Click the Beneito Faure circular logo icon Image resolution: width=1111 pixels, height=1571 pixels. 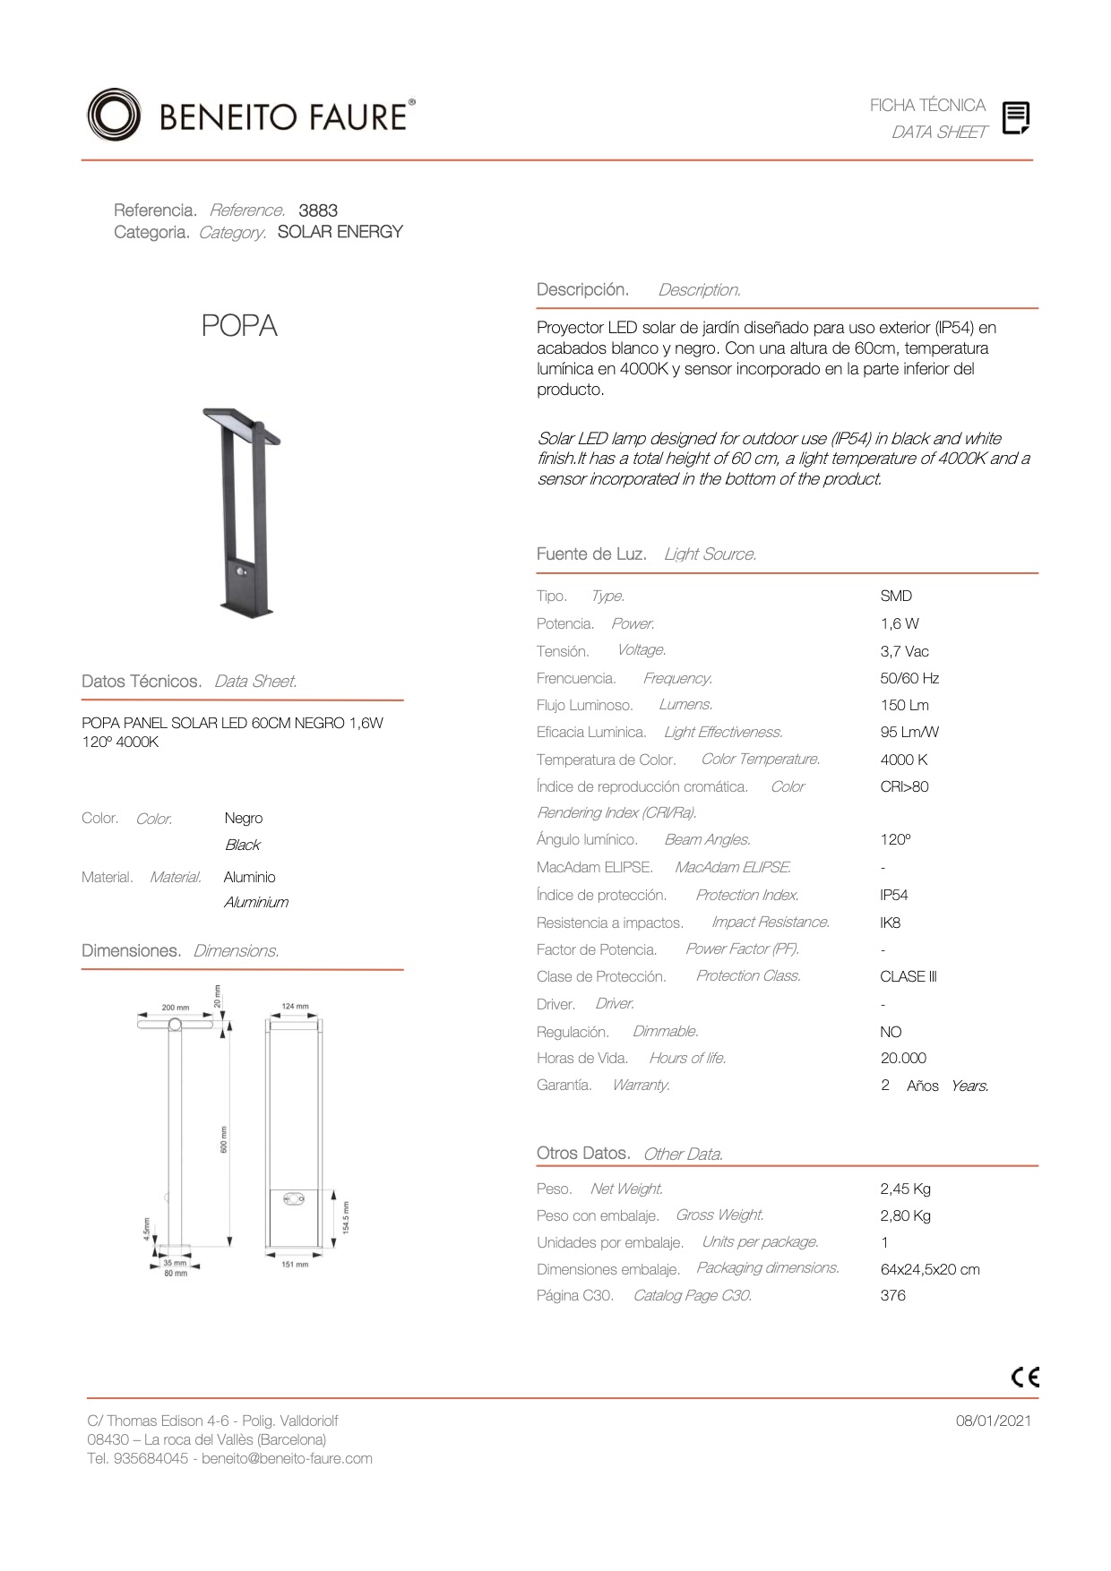(113, 115)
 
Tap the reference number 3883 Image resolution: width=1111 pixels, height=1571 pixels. (318, 210)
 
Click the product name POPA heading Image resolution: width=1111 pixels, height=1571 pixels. (239, 326)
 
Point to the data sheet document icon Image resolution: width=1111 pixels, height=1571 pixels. (1015, 118)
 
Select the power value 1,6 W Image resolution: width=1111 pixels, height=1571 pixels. (900, 623)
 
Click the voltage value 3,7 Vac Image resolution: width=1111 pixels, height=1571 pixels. (904, 651)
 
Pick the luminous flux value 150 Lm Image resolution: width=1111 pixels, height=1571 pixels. (904, 705)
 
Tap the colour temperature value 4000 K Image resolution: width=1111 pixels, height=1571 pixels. (903, 760)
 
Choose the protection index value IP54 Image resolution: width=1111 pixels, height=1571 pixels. (893, 895)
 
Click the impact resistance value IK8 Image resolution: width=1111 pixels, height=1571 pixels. (890, 923)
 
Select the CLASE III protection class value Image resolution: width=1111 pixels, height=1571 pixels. (908, 976)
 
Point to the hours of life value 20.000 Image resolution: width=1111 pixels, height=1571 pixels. (903, 1058)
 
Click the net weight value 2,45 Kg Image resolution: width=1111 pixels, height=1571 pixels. (905, 1189)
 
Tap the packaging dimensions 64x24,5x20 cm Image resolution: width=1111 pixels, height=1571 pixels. (930, 1269)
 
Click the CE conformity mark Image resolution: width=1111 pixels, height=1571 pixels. (1025, 1377)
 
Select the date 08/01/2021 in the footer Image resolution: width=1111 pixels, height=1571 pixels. (993, 1421)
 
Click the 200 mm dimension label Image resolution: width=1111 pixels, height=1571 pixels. (176, 1008)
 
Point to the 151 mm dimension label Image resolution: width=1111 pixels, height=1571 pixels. (295, 1265)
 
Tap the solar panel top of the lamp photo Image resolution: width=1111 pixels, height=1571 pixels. (237, 425)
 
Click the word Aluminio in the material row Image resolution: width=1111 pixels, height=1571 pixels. (250, 877)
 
